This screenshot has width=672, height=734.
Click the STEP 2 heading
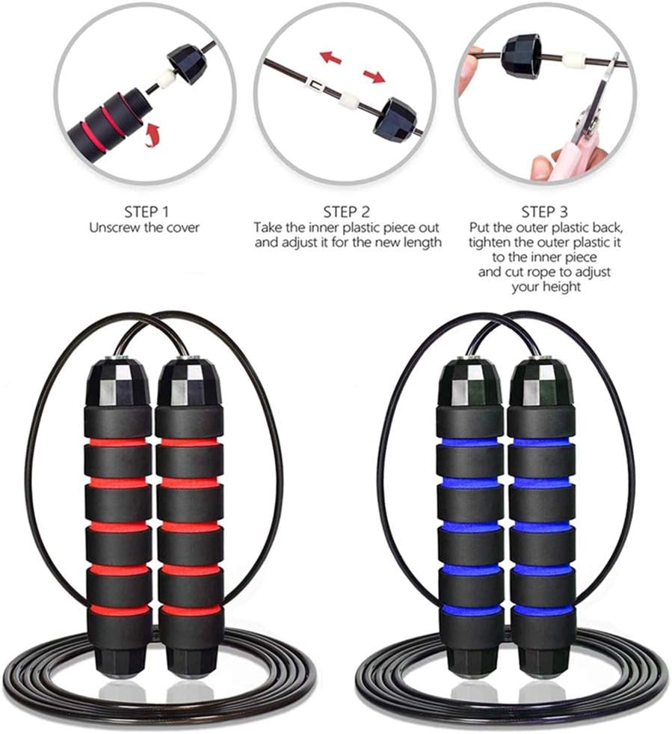[346, 211]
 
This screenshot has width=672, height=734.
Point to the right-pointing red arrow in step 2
[374, 76]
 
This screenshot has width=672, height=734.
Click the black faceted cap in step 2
[394, 116]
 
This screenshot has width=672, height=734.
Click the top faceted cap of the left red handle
[117, 382]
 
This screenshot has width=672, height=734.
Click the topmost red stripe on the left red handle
[117, 442]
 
